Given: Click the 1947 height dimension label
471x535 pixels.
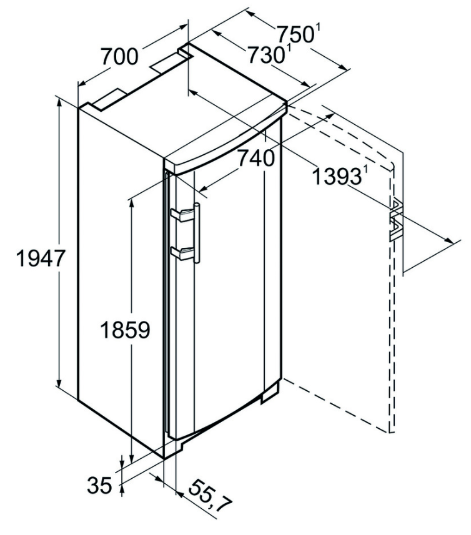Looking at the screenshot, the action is click(40, 258).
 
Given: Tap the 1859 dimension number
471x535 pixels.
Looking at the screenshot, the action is click(126, 330).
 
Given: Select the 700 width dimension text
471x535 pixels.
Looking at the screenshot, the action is click(120, 56).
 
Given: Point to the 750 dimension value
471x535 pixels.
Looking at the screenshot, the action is click(295, 34).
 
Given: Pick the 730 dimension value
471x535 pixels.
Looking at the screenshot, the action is click(266, 54).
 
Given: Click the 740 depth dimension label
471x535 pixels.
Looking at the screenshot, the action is click(255, 158).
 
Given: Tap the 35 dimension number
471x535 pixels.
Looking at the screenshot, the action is click(100, 485).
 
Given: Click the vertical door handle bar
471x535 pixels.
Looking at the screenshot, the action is click(197, 233).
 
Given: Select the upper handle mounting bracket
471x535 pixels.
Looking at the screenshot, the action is click(182, 215).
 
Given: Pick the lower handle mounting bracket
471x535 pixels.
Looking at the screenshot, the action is click(182, 253).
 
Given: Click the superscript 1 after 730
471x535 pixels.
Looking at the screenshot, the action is click(289, 49).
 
